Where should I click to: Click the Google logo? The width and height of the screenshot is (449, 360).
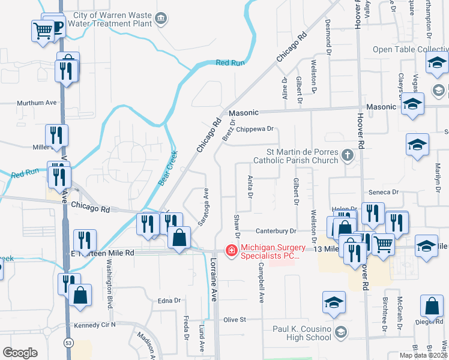(x=20, y=353)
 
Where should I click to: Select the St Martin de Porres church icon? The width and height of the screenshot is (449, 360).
(x=347, y=156)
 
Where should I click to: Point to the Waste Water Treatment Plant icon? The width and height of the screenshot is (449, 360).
(x=161, y=19)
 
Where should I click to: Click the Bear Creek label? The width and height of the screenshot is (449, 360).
(x=169, y=166)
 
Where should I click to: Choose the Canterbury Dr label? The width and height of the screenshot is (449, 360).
(x=276, y=231)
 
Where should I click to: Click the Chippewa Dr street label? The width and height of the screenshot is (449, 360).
(x=255, y=128)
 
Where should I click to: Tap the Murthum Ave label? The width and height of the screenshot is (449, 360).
(x=37, y=103)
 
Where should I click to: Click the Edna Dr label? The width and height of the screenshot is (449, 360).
(x=169, y=300)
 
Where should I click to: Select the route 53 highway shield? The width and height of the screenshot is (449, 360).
(x=68, y=342)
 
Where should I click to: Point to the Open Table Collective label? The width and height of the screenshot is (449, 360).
(x=411, y=49)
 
